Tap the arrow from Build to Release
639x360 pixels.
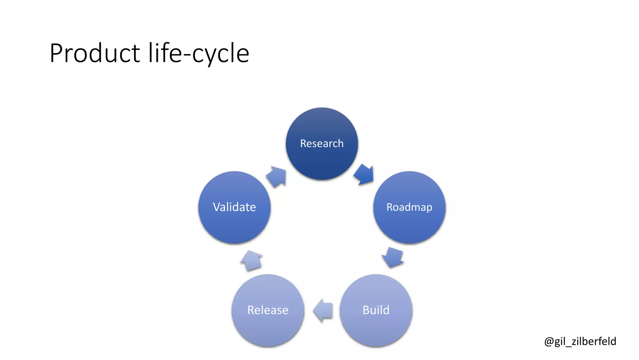pos(323,310)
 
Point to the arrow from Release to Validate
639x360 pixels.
pos(251,260)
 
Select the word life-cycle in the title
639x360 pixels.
pos(199,53)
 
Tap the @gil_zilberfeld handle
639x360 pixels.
pos(580,341)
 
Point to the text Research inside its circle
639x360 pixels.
pos(322,143)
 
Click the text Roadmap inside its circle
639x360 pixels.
pos(409,207)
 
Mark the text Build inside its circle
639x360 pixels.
pos(376,310)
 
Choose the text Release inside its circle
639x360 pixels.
pos(268,310)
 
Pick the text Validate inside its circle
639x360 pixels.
pos(234,207)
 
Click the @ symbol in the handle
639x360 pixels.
pos(549,342)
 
